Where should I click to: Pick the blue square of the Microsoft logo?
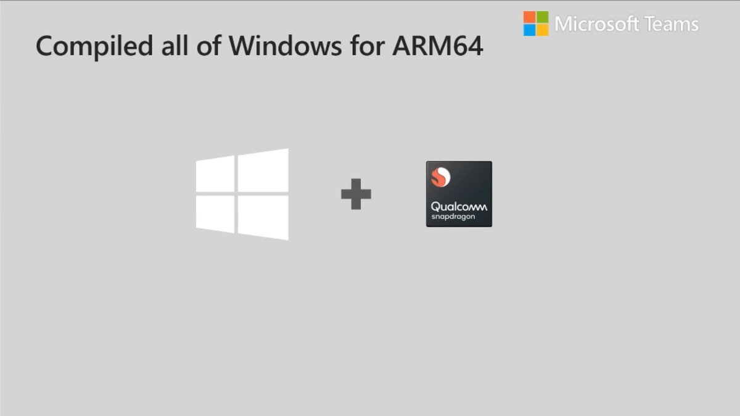(529, 30)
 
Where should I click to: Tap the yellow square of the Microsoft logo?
(543, 30)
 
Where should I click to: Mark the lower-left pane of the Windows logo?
(215, 214)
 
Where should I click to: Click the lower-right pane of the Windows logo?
(263, 217)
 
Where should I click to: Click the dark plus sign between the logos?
(356, 194)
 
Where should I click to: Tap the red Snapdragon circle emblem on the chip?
(440, 178)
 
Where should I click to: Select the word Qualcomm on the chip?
(459, 207)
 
